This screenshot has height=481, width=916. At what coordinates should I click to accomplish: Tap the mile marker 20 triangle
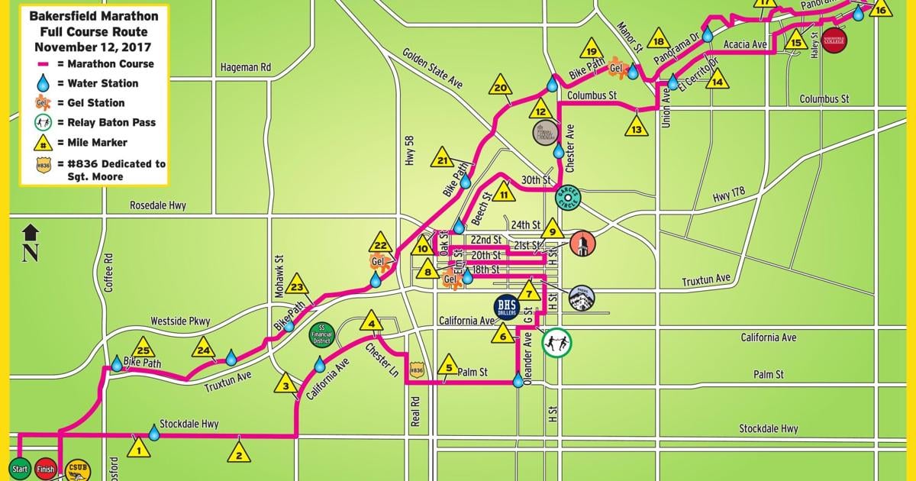[x=500, y=85]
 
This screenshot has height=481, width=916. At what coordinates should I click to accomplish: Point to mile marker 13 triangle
[x=636, y=126]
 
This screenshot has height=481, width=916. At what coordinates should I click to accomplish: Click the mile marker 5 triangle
[x=449, y=363]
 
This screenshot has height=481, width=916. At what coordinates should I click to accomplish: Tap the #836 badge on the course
[x=416, y=369]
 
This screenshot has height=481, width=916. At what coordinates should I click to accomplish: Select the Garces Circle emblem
[x=568, y=197]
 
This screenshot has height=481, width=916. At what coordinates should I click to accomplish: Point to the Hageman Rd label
[x=245, y=67]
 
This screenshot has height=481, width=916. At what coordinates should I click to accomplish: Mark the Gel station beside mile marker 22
[x=379, y=262]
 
